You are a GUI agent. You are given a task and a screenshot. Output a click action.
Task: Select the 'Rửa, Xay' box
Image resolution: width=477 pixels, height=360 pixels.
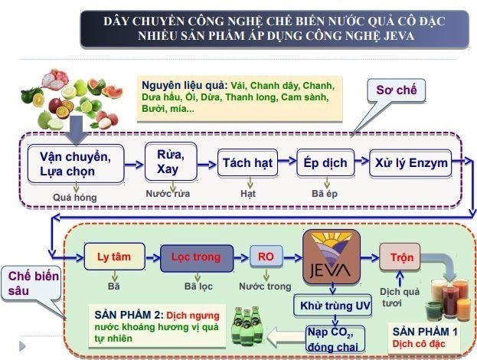coord(171,161)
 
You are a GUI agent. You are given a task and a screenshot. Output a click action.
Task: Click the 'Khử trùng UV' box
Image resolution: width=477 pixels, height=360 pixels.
coord(331,306)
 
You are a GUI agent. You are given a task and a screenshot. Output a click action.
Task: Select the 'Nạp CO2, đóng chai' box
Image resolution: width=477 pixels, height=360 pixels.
coord(331,337)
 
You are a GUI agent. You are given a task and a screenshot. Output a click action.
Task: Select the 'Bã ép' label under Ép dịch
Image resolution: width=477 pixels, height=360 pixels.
coord(325,194)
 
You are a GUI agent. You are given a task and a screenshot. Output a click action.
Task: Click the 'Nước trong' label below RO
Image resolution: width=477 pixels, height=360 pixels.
coord(265,286)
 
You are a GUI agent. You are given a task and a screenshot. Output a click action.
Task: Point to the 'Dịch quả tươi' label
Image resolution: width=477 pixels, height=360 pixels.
coord(399,296)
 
